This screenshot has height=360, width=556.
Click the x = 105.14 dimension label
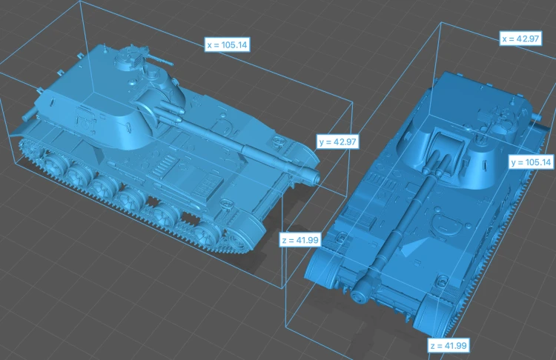(x=228, y=45)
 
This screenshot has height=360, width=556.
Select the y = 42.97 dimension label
(x=337, y=141)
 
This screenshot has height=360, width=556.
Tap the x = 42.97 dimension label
(x=520, y=39)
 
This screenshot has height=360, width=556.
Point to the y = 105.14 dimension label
(x=532, y=162)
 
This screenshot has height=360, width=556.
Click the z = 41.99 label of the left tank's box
(x=300, y=240)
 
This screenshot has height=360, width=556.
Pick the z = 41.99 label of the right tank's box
(x=449, y=345)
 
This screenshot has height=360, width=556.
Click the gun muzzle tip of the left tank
(x=315, y=176)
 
